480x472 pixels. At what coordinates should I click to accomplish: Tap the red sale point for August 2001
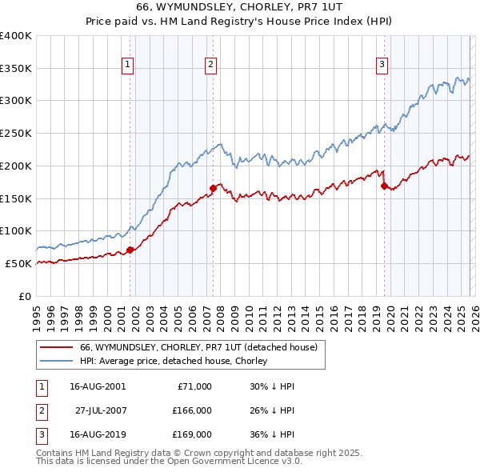pyautogui.click(x=130, y=250)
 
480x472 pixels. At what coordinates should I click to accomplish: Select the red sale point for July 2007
pyautogui.click(x=214, y=188)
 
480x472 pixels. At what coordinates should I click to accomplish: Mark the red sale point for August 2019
pyautogui.click(x=384, y=186)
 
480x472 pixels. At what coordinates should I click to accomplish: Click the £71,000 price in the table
pyautogui.click(x=192, y=386)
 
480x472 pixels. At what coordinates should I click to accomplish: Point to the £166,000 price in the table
pyautogui.click(x=192, y=410)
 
